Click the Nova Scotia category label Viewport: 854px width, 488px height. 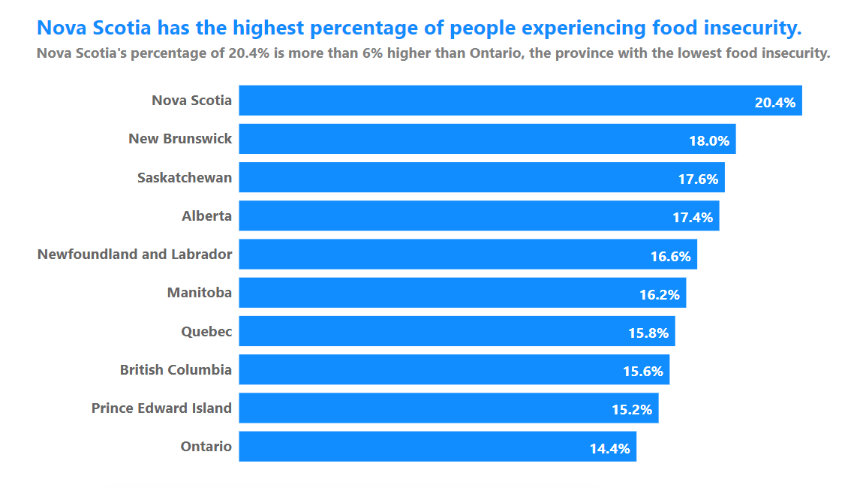(191, 100)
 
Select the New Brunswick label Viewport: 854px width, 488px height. (180, 139)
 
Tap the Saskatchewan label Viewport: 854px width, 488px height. (185, 177)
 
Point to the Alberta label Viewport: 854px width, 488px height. (207, 215)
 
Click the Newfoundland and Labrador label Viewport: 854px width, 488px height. (134, 255)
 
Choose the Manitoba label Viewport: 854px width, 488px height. (200, 293)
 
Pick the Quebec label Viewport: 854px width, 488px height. (206, 332)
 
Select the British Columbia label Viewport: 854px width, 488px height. (176, 370)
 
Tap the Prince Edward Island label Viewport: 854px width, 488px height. (162, 408)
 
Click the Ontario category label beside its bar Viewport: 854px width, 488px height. (206, 447)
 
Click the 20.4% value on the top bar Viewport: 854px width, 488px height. (775, 102)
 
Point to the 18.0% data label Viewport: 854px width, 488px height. (709, 141)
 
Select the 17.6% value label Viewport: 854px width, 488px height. (698, 179)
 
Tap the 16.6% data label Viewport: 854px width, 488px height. (670, 257)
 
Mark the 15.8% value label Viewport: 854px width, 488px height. (648, 333)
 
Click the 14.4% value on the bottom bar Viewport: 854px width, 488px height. (610, 449)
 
